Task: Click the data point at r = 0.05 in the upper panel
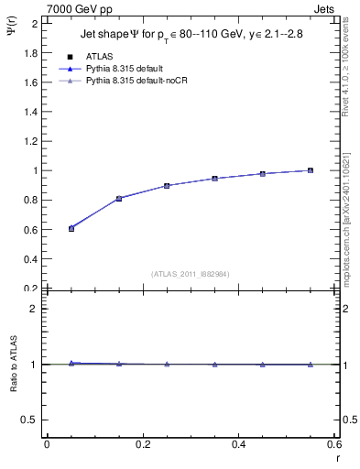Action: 71,228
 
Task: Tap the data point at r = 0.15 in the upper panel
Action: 119,198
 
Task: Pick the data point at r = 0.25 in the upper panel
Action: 167,186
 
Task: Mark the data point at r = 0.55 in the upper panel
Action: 311,170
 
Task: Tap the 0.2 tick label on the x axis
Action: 143,444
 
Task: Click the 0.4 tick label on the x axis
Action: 239,444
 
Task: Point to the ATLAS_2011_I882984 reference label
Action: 191,273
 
